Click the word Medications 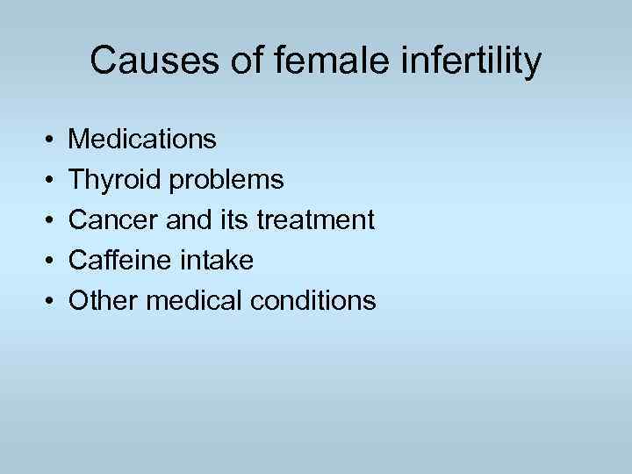point(142,139)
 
